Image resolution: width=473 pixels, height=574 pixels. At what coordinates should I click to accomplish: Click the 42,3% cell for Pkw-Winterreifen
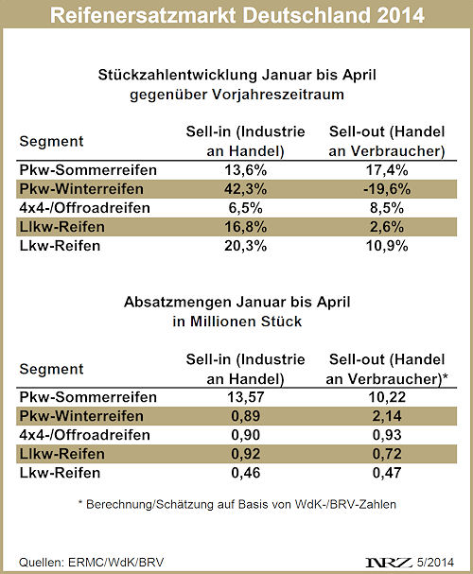point(245,189)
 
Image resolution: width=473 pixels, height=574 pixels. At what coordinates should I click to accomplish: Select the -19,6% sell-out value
point(387,189)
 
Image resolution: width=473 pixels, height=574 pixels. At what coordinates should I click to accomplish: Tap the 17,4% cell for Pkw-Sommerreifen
point(387,170)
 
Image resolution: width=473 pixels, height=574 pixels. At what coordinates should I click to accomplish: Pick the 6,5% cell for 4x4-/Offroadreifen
point(245,208)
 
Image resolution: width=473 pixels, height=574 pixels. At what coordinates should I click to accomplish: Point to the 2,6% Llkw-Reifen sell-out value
point(387,227)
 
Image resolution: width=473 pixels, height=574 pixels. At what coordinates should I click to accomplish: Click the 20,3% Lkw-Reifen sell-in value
point(245,246)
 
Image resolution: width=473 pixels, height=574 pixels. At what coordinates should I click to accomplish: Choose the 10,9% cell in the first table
point(387,246)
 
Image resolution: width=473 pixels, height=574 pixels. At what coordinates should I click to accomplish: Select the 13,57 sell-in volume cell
point(245,397)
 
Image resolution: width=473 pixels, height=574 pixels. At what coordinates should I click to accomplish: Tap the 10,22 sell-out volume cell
point(387,397)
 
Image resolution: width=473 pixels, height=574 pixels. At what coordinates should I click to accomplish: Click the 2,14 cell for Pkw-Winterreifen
point(387,416)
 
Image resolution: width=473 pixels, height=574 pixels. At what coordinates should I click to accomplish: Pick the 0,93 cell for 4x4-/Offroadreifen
point(387,435)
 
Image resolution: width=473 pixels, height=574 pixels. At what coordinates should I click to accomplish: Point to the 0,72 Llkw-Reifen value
point(387,454)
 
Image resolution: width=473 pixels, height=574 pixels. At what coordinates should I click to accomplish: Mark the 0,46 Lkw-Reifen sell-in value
point(245,473)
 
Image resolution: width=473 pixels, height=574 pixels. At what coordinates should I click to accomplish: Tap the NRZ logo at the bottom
point(389,563)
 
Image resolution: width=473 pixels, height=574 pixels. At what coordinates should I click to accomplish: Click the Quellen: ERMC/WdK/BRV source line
point(92,563)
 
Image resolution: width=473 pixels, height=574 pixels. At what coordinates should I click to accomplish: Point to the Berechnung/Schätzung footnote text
point(236,504)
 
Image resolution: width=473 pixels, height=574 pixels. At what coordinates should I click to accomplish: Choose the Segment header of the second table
point(51,369)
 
